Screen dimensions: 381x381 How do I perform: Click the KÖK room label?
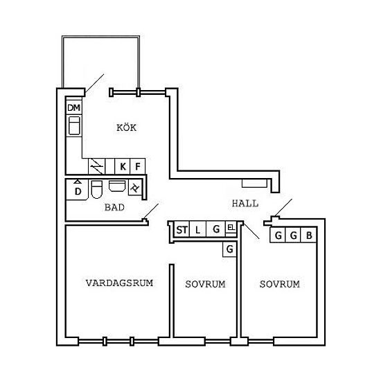(126, 127)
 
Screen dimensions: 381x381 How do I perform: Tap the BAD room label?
(114, 207)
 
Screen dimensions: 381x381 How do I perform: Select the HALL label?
(245, 204)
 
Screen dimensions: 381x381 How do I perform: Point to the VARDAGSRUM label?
(119, 283)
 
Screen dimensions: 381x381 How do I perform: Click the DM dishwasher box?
(74, 107)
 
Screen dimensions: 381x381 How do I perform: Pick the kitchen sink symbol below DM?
(74, 125)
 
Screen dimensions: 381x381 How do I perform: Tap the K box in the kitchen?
(123, 166)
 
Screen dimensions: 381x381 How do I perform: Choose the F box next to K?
(138, 166)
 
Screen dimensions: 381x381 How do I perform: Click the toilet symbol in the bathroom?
(97, 189)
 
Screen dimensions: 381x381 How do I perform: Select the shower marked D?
(78, 190)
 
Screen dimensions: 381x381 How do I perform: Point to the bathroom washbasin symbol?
(117, 186)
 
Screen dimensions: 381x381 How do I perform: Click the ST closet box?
(181, 229)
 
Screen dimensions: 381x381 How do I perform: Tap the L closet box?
(197, 229)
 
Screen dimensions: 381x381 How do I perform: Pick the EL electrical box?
(231, 228)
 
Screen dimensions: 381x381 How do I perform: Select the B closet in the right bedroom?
(308, 235)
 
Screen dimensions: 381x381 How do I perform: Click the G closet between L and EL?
(215, 229)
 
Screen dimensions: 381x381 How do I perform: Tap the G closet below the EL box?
(229, 249)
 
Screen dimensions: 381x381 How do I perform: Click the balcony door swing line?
(94, 84)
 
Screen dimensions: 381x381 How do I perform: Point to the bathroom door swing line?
(151, 211)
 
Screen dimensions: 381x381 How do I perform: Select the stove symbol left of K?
(97, 166)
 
